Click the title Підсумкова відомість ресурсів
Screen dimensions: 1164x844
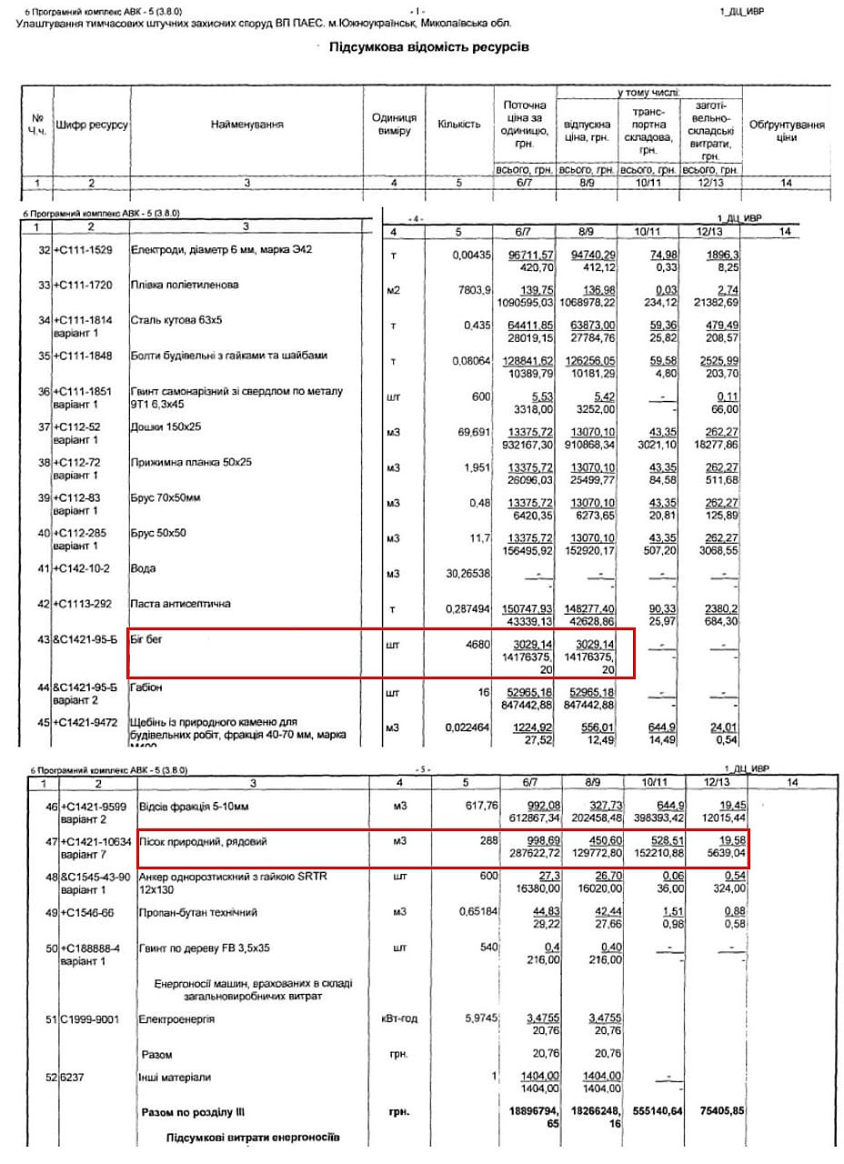[x=428, y=46]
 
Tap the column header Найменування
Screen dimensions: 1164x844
[x=247, y=124]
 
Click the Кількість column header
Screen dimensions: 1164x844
[x=459, y=124]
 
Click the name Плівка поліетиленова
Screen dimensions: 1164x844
[x=185, y=286]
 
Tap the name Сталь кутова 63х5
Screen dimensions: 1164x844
[x=176, y=320]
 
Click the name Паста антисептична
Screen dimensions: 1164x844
[x=182, y=604]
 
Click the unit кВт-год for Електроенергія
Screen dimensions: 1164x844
[x=398, y=1019]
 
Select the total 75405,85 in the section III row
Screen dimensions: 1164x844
[x=716, y=1111]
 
